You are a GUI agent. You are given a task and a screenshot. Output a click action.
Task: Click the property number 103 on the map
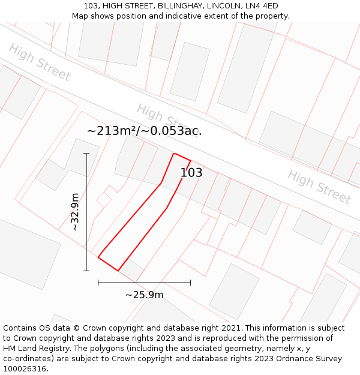click(x=191, y=173)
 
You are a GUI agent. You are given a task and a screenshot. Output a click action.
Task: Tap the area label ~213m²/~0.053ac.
click(x=144, y=131)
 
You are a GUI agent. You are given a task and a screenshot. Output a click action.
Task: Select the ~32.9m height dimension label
click(x=75, y=212)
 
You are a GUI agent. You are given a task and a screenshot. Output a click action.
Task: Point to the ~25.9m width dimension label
click(x=144, y=295)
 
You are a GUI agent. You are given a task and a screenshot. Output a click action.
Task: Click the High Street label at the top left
click(x=40, y=62)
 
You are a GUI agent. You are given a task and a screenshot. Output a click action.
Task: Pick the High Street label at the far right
click(x=319, y=187)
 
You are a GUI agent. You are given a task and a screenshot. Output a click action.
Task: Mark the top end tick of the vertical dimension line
click(x=86, y=154)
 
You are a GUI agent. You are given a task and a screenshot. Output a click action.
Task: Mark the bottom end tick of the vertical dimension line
click(x=86, y=271)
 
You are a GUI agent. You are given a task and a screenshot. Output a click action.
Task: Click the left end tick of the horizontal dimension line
click(x=98, y=282)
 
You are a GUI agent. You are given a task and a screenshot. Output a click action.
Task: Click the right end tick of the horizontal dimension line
click(x=191, y=282)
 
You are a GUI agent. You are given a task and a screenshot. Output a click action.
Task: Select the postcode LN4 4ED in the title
click(x=262, y=6)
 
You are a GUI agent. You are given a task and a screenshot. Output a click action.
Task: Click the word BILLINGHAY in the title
click(x=179, y=6)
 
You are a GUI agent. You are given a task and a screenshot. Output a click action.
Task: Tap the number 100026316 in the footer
click(x=24, y=368)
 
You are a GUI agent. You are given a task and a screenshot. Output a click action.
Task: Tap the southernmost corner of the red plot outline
click(x=118, y=271)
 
